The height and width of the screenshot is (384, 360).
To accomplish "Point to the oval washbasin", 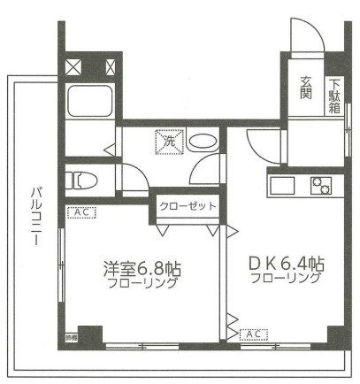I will [x=201, y=142].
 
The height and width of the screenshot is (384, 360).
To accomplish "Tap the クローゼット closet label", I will [x=188, y=205].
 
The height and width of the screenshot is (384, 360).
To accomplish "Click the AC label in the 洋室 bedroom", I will [x=80, y=212].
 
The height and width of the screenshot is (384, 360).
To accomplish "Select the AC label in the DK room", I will [x=253, y=334].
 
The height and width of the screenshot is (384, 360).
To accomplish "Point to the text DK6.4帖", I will [x=285, y=264].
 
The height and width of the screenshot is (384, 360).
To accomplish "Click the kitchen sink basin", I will [x=283, y=186].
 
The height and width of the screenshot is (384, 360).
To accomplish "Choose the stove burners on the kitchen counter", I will [x=320, y=185].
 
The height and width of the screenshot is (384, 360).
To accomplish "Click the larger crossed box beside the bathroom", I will [x=76, y=65].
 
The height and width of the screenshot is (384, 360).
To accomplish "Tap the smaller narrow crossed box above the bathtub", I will [x=111, y=65].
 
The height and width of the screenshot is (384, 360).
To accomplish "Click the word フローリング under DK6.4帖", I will [x=285, y=279].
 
